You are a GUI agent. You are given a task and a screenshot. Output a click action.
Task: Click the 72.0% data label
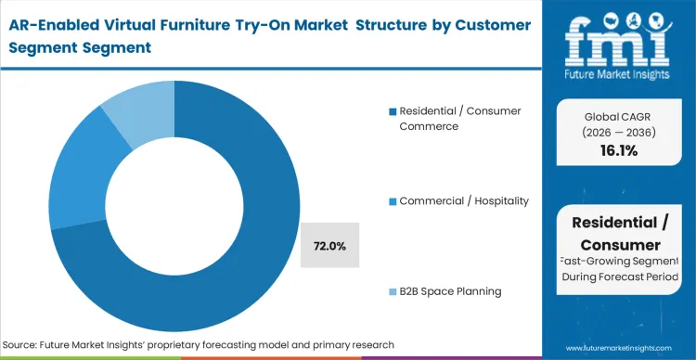click(x=329, y=246)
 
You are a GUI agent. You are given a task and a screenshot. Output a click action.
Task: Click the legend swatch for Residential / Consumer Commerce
click(x=393, y=111)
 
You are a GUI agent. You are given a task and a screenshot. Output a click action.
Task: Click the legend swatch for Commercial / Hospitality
click(x=393, y=201)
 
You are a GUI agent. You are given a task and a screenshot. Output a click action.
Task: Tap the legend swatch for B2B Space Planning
click(x=393, y=291)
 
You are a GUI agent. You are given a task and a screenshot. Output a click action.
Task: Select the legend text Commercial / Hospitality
click(x=463, y=201)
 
